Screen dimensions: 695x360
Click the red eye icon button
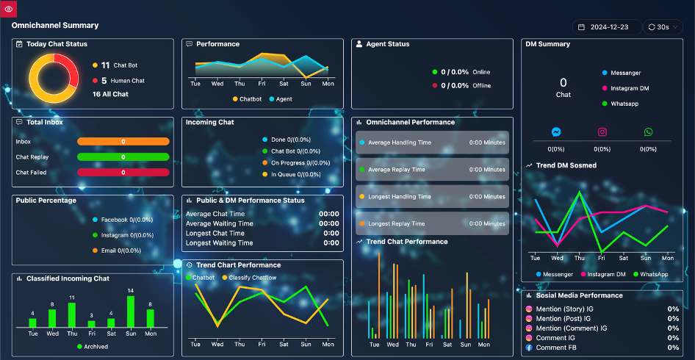pyautogui.click(x=8, y=9)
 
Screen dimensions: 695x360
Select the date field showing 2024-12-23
pyautogui.click(x=607, y=27)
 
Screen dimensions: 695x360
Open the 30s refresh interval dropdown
pyautogui.click(x=663, y=27)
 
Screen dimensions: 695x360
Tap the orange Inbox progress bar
pyautogui.click(x=123, y=141)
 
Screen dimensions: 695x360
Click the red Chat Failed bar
pyautogui.click(x=123, y=173)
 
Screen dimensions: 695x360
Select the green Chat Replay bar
pyautogui.click(x=123, y=157)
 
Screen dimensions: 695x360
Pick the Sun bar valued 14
pyautogui.click(x=130, y=312)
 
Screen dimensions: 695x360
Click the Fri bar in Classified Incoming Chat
pyautogui.click(x=91, y=324)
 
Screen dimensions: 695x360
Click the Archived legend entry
pyautogui.click(x=93, y=347)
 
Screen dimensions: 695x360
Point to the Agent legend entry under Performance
pyautogui.click(x=281, y=99)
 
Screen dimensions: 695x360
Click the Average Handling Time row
pyautogui.click(x=432, y=143)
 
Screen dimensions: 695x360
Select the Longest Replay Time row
pyautogui.click(x=432, y=223)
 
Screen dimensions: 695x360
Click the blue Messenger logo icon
pyautogui.click(x=556, y=132)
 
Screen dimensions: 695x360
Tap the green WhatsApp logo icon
pyautogui.click(x=649, y=132)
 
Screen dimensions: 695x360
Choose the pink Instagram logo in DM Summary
pyautogui.click(x=602, y=132)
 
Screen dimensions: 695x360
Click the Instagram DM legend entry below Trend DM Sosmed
pyautogui.click(x=603, y=275)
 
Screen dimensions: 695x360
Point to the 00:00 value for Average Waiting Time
pyautogui.click(x=329, y=223)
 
